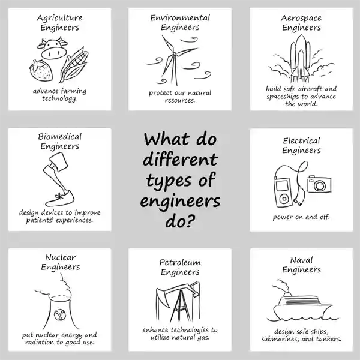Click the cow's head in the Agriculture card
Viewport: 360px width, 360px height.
[52, 48]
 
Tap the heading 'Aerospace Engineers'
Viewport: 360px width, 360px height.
[301, 23]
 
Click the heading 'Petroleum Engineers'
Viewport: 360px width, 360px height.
[179, 267]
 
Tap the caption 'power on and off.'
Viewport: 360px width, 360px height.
[301, 217]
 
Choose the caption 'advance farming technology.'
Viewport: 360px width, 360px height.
[59, 95]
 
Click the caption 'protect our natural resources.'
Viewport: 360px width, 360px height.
[179, 97]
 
